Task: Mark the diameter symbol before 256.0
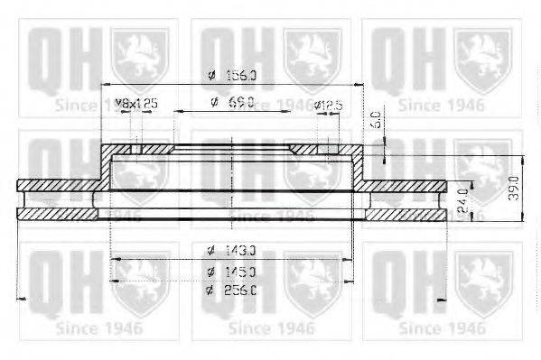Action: (x=210, y=290)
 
